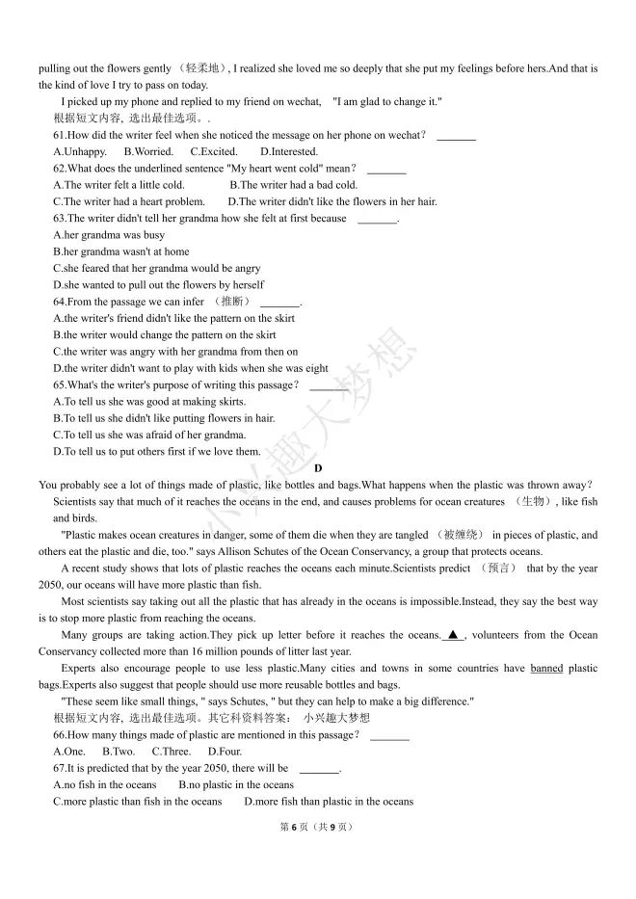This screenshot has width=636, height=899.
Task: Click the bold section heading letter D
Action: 318,468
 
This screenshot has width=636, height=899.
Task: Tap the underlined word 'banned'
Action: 546,669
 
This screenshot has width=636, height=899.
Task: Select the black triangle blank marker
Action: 453,635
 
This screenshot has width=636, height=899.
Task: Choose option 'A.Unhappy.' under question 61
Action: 80,151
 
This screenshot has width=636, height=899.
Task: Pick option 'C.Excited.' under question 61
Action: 214,151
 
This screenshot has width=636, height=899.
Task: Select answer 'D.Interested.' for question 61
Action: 289,151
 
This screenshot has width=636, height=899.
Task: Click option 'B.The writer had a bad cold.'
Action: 293,185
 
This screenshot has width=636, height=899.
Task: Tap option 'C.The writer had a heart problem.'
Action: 129,201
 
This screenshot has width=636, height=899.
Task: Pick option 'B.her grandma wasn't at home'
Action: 121,251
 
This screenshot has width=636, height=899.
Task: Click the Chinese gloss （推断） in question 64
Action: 230,302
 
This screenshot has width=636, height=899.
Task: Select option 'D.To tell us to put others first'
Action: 156,451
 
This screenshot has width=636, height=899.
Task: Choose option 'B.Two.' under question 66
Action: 119,752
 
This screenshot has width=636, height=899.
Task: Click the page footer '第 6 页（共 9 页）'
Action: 317,827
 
